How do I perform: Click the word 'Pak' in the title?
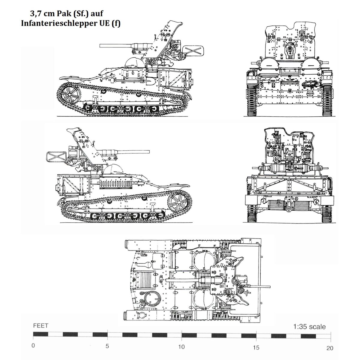tap(64, 13)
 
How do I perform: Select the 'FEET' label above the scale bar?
tap(41, 325)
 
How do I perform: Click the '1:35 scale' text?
tap(309, 327)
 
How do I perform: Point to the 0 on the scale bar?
tap(33, 345)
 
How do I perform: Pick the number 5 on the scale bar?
tap(107, 346)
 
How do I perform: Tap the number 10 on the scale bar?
tap(181, 346)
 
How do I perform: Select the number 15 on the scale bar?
tap(256, 347)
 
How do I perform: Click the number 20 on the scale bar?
tap(330, 348)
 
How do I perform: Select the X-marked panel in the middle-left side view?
tap(56, 156)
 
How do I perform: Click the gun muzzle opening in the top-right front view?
tap(290, 49)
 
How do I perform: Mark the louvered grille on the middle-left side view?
tap(116, 184)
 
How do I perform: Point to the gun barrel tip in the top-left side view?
tap(100, 46)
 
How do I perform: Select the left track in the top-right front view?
tap(252, 100)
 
